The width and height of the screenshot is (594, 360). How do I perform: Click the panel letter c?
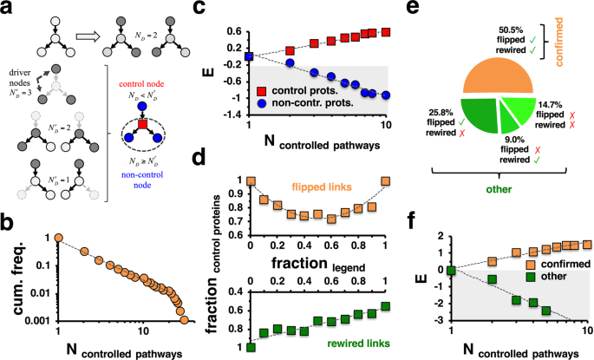pos(221,10)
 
